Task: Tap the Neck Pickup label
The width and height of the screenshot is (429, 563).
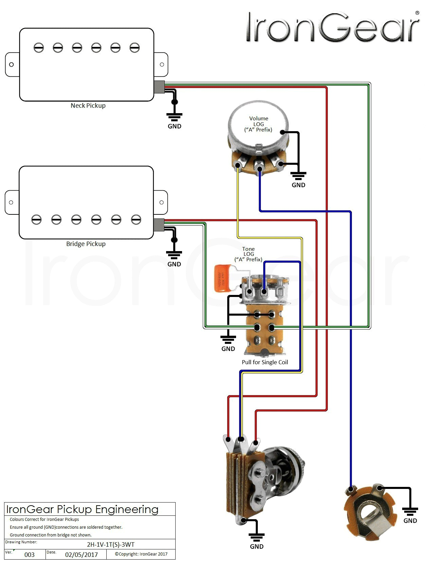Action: click(88, 106)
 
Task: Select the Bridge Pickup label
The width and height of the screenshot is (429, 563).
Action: click(86, 244)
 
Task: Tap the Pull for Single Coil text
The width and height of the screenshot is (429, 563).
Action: click(265, 362)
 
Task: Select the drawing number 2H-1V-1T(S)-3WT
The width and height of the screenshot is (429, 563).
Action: click(111, 544)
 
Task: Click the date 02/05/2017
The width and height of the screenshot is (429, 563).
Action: click(82, 555)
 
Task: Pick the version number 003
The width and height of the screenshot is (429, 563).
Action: click(30, 555)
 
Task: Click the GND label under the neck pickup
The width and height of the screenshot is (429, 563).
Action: click(174, 126)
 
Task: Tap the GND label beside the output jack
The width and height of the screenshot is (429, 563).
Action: click(410, 521)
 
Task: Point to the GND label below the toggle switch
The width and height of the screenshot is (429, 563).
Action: click(256, 547)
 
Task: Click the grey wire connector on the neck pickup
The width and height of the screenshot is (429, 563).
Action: click(159, 87)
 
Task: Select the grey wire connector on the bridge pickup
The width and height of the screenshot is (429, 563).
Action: click(159, 225)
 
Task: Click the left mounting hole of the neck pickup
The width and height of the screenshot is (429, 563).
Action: click(11, 65)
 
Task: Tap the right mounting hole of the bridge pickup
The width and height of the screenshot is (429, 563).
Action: click(162, 203)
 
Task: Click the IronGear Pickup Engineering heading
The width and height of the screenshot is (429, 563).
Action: click(83, 509)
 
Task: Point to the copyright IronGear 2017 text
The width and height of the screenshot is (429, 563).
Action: click(141, 554)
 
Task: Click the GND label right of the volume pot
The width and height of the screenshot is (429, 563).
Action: click(298, 185)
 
